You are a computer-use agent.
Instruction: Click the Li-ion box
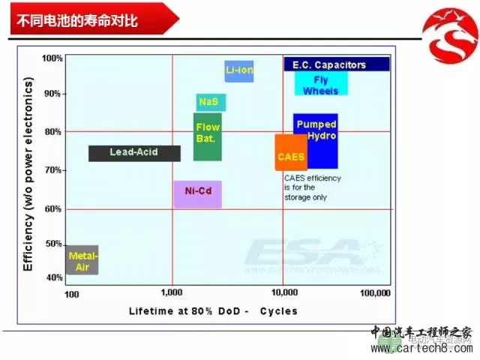pyautogui.click(x=239, y=70)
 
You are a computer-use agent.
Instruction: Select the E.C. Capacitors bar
pyautogui.click(x=336, y=64)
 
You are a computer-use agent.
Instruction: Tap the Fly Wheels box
pyautogui.click(x=320, y=85)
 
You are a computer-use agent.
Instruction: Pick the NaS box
pyautogui.click(x=210, y=102)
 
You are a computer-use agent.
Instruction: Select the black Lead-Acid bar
pyautogui.click(x=134, y=152)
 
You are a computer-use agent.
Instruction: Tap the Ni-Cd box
pyautogui.click(x=198, y=193)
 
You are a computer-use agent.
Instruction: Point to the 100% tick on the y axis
pyautogui.click(x=52, y=58)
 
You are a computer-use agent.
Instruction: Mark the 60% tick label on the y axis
pyautogui.click(x=53, y=208)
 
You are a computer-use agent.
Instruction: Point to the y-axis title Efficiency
pyautogui.click(x=29, y=174)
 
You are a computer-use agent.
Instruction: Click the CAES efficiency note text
pyautogui.click(x=312, y=187)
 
